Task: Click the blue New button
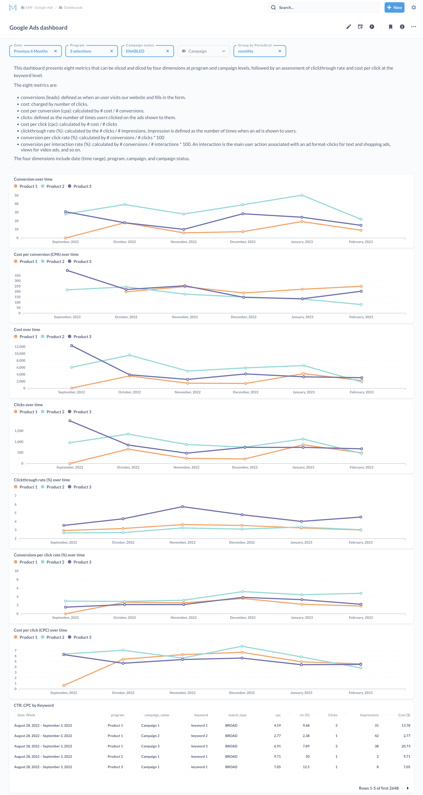394,7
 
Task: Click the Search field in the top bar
324,7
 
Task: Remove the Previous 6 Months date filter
56,51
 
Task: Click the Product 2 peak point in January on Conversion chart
302,195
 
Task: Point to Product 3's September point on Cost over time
72,346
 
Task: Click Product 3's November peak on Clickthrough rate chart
183,507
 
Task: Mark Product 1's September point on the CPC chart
64,685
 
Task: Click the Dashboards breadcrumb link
73,7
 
